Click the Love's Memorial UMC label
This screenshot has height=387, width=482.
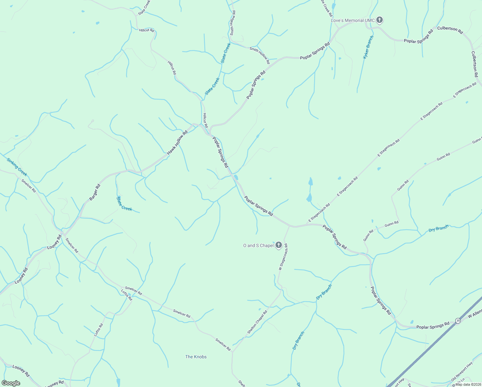tap(353, 20)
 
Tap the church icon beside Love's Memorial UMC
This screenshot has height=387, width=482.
tap(380, 20)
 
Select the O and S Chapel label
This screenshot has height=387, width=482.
tap(258, 245)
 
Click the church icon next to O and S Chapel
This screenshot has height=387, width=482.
tap(279, 245)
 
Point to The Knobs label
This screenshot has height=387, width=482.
tap(196, 357)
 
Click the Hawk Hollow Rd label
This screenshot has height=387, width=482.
tap(177, 142)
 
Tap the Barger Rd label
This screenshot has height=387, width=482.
tap(95, 192)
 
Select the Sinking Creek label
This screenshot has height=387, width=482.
tap(17, 167)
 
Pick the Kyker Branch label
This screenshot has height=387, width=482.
tap(368, 47)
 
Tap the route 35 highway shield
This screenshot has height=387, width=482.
tap(458, 320)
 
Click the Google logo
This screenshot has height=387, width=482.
tap(11, 383)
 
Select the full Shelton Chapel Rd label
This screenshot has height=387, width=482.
tap(257, 322)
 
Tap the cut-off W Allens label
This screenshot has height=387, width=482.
tap(475, 313)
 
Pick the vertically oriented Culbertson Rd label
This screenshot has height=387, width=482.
tap(474, 64)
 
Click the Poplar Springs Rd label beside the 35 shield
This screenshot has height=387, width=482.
tap(433, 326)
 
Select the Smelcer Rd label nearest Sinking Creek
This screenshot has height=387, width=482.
tap(29, 185)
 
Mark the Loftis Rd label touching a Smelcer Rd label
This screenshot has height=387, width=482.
tap(127, 295)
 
